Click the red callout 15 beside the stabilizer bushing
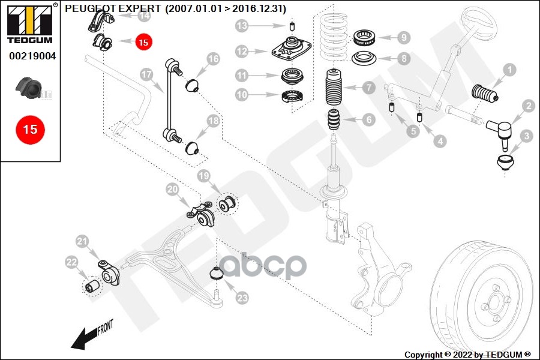143,42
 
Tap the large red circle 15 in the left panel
31,130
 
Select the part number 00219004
32,56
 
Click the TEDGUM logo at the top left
30,24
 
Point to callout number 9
404,37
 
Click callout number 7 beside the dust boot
369,88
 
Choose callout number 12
242,52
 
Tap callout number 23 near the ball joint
242,298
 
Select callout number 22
71,262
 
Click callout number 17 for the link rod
147,74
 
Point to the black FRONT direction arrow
84,339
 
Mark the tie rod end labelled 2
500,132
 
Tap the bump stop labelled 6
334,119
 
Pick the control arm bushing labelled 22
92,286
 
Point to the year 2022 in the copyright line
463,355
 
